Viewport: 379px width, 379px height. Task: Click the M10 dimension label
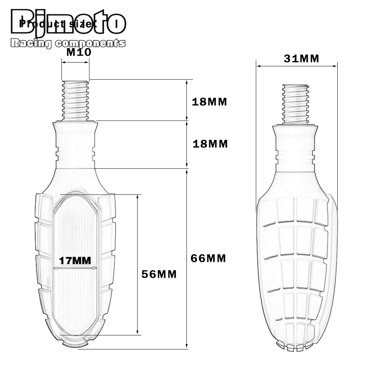[x=79, y=52]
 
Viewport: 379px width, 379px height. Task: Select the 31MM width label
[x=301, y=59]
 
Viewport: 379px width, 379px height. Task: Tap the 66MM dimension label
[x=209, y=258]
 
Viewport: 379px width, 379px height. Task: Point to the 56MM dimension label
[x=159, y=274]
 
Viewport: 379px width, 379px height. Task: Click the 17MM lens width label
[x=75, y=261]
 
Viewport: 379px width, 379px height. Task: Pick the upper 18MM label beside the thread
[x=209, y=102]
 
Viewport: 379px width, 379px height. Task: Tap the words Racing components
[x=68, y=43]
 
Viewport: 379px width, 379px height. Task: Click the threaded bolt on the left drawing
[x=75, y=100]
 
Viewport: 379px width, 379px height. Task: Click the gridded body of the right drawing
[x=296, y=265]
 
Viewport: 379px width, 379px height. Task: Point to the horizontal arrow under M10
[x=75, y=63]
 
